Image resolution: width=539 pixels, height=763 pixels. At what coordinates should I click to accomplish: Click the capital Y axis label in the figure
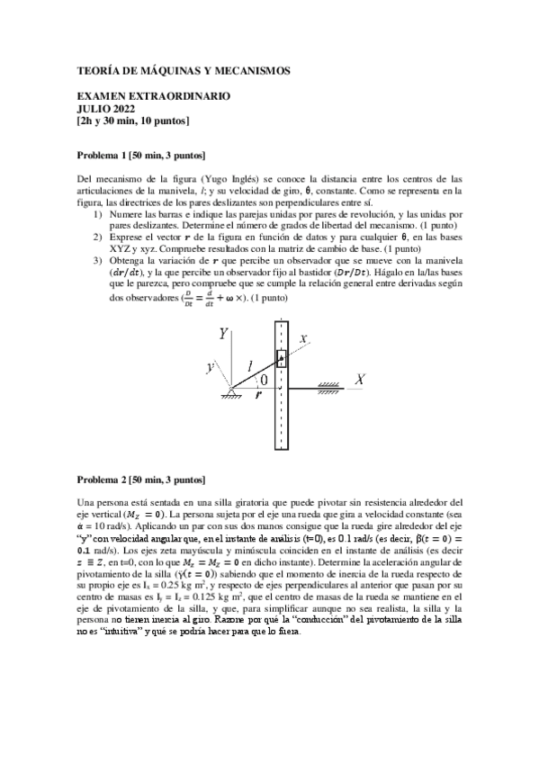(223, 334)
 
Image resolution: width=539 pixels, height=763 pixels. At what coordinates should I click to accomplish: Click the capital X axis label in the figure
(359, 381)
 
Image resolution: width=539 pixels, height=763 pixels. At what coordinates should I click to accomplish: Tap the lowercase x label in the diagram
(303, 338)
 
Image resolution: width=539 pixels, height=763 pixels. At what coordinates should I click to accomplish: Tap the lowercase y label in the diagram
(210, 367)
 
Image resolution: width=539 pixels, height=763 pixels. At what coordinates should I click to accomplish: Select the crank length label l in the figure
(251, 365)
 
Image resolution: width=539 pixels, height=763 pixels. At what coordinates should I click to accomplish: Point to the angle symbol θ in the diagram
(265, 380)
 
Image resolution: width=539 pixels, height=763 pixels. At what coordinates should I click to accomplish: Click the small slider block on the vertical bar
(281, 359)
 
